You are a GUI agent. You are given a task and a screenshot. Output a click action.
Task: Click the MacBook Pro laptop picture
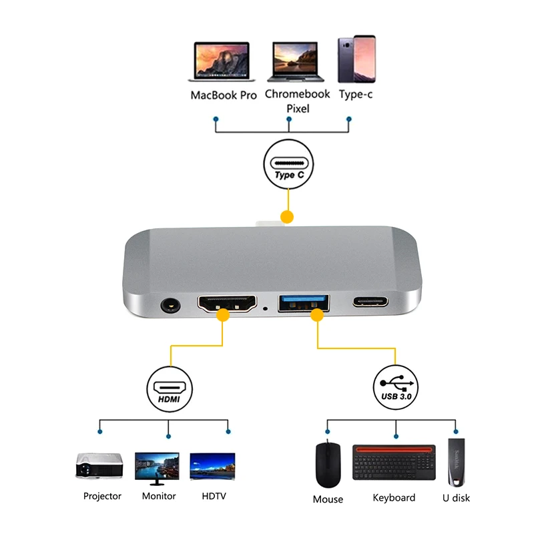(222, 61)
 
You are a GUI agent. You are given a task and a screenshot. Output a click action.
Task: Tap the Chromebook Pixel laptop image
(296, 61)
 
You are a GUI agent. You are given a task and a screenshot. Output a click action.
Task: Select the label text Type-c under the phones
(356, 94)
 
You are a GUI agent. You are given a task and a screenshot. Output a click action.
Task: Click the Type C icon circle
(289, 164)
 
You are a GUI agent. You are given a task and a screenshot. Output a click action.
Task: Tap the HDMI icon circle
(170, 389)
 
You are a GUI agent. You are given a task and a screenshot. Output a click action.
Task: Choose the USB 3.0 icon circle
(396, 388)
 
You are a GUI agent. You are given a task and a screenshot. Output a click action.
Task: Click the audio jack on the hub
(170, 305)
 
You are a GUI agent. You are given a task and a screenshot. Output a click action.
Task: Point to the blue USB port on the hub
(304, 303)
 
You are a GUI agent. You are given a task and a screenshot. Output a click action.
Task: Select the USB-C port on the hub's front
(370, 302)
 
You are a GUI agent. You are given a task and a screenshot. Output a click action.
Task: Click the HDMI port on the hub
(227, 304)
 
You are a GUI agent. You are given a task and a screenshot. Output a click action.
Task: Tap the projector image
(99, 465)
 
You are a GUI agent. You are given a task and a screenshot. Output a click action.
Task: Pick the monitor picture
(157, 469)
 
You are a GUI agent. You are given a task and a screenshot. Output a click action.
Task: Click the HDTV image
(212, 466)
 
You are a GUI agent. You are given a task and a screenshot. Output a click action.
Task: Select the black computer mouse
(328, 465)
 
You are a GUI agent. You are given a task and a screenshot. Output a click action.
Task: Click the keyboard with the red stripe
(394, 462)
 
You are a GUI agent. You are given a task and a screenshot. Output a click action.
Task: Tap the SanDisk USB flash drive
(457, 462)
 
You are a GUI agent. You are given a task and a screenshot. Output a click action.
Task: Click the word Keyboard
(394, 498)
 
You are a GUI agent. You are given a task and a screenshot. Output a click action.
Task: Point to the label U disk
(456, 498)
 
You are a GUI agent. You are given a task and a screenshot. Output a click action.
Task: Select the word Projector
(102, 496)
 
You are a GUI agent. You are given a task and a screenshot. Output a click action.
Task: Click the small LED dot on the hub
(265, 309)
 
